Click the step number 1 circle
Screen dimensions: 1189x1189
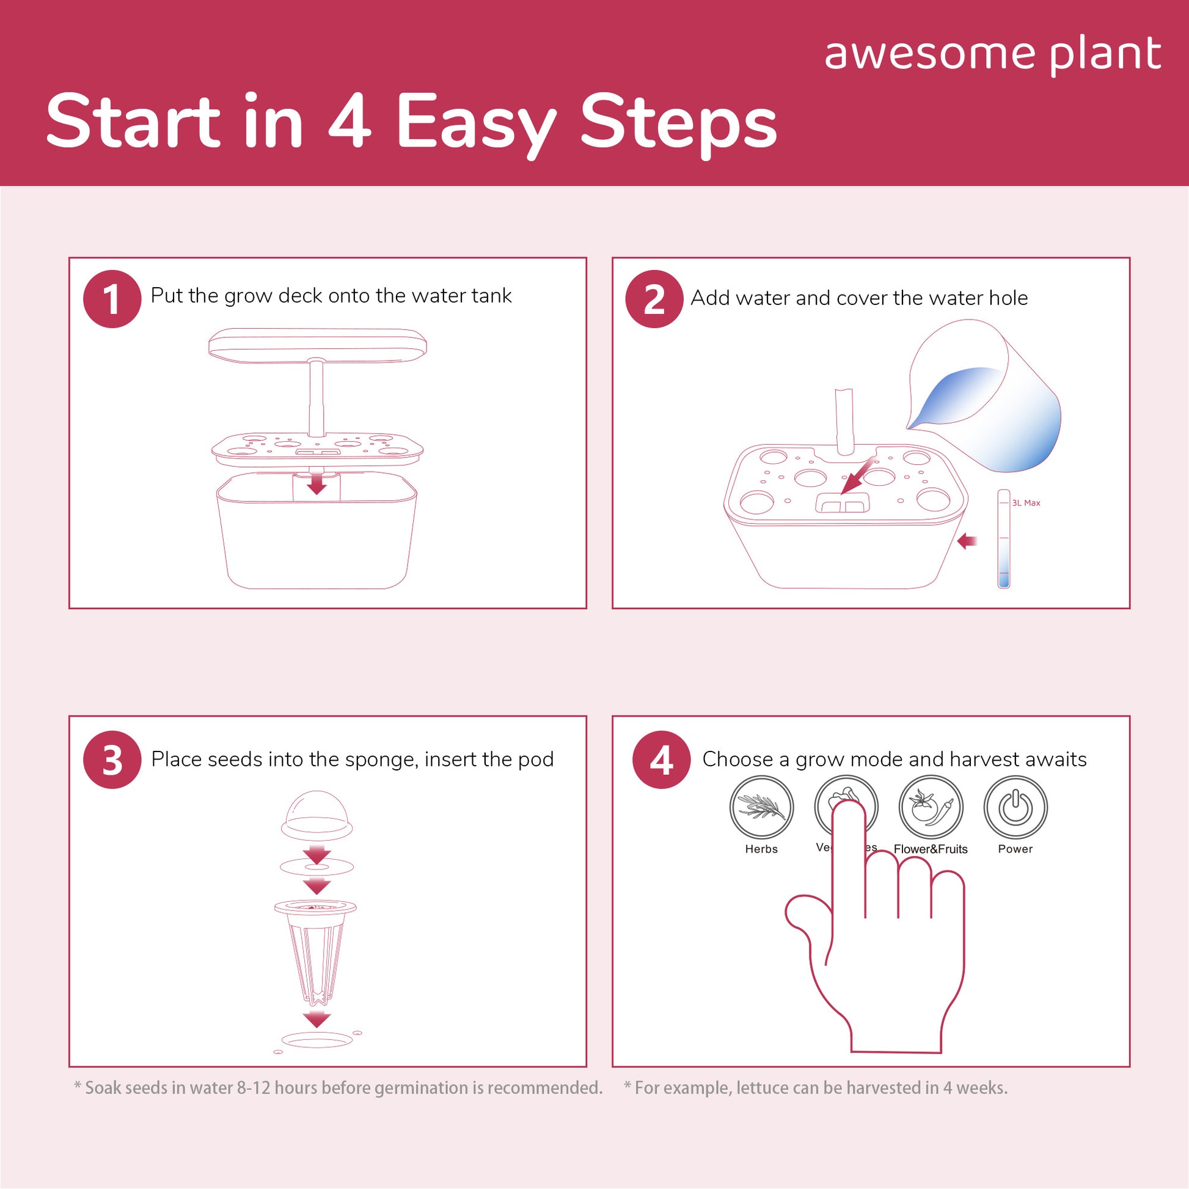click(112, 299)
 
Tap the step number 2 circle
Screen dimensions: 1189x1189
click(654, 299)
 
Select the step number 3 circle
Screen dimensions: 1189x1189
click(112, 759)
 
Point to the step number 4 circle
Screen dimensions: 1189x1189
click(662, 759)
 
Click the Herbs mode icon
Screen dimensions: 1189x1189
click(761, 808)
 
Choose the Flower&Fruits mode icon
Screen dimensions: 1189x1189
click(931, 808)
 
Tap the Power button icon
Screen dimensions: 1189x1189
click(1015, 808)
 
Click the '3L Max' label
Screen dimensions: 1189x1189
click(1026, 503)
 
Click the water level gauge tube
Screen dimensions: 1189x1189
click(1004, 538)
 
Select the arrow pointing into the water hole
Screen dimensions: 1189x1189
click(857, 475)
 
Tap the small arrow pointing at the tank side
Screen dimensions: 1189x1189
click(967, 541)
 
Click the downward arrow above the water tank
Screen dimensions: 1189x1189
click(317, 482)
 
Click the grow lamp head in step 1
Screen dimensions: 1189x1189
click(318, 345)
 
